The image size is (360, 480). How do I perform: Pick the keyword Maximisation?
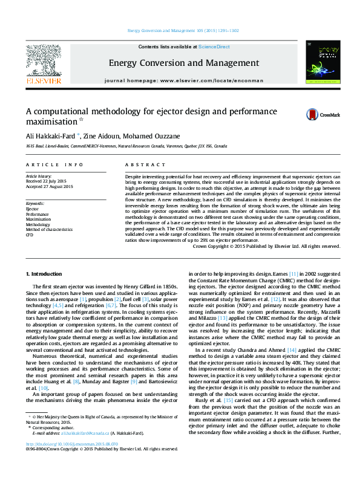point(38,218)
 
